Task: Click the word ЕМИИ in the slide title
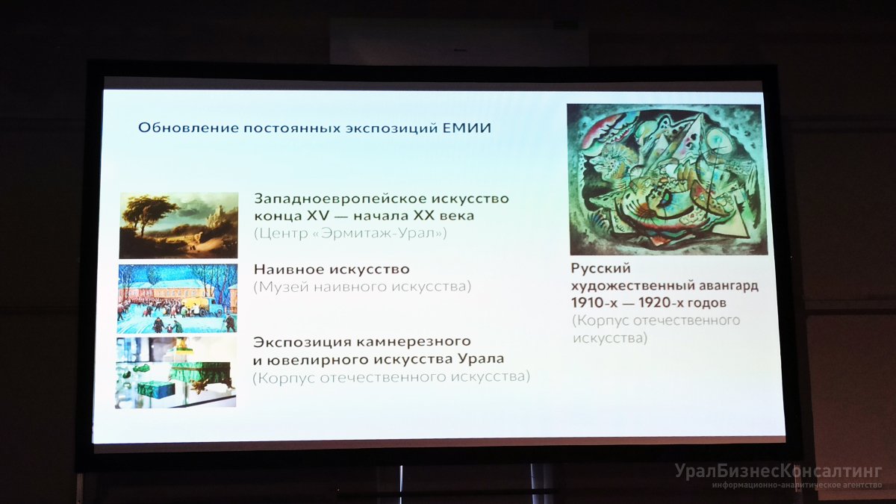tap(467, 128)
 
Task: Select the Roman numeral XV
tap(317, 216)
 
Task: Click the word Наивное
tap(288, 270)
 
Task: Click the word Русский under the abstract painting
tap(601, 269)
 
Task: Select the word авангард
tap(729, 287)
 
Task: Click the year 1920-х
tap(662, 303)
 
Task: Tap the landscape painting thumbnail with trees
tap(178, 225)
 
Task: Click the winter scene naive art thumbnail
tap(177, 299)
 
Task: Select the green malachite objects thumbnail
tap(176, 373)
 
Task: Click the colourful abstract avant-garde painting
tap(668, 179)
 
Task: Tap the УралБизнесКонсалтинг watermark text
tap(778, 471)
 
